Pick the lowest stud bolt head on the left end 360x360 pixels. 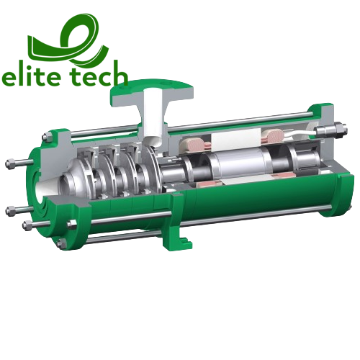(27, 226)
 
